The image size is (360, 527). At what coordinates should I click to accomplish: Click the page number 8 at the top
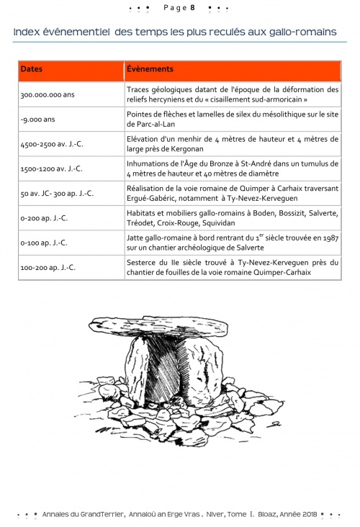coord(193,8)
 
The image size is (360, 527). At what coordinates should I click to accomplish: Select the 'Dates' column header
coord(32,69)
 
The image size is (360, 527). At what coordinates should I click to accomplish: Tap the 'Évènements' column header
coord(150,69)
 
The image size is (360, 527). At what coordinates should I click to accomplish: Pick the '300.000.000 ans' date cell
coord(48,95)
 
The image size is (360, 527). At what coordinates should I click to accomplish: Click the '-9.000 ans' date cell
coord(37,120)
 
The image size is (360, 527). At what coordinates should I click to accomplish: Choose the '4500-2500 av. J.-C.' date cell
coord(52,144)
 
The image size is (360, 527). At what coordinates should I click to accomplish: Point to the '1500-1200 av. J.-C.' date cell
coord(51,168)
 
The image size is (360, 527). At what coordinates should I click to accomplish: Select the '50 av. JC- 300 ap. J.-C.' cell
coord(57,194)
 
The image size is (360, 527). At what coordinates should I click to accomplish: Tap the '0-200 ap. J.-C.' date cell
coord(44,218)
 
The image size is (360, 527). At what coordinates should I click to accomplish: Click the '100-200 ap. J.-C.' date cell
coord(48,268)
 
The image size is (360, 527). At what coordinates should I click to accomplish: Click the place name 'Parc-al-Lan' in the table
coord(156,124)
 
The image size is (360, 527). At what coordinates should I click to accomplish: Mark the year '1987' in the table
coord(330,238)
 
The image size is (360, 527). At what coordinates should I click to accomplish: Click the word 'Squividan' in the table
coord(218,223)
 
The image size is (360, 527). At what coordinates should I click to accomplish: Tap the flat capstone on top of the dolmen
coord(158,325)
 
